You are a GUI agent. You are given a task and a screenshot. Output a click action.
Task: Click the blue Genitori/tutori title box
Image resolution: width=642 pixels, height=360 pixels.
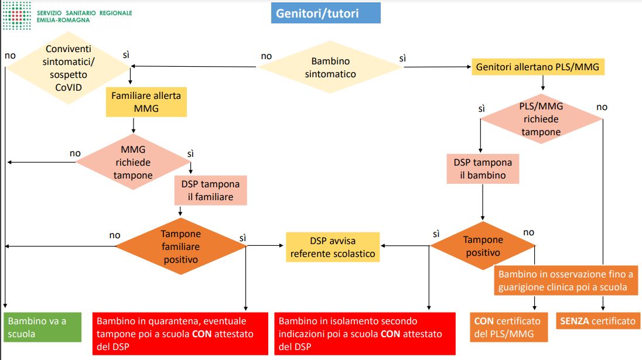326,13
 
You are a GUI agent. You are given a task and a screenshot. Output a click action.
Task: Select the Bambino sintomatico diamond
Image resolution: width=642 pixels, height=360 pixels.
330,67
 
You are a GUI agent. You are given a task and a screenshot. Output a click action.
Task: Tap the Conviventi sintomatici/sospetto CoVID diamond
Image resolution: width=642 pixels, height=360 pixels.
69,68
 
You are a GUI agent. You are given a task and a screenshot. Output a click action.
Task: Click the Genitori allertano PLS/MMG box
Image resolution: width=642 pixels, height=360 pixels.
538,67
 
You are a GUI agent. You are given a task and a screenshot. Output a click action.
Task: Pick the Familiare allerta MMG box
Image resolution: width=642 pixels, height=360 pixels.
146,102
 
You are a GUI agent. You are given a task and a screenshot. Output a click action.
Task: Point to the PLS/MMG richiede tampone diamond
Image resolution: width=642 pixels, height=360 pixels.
541,119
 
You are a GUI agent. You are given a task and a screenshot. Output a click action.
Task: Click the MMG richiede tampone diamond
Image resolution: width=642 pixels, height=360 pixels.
133,162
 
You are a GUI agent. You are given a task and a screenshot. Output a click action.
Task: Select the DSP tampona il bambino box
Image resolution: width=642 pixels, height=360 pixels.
483,169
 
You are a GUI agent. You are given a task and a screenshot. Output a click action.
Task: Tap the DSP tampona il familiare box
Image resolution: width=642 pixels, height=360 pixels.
210,190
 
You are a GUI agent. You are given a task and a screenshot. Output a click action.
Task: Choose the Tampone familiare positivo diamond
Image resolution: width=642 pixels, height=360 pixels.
180,246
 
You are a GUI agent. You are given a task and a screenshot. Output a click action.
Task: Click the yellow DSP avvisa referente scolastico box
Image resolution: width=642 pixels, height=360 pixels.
333,247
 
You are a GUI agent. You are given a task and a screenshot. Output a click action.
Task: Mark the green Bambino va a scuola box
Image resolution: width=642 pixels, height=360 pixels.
43,327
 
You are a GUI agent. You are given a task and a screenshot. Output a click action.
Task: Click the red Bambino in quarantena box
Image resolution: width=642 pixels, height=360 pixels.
180,334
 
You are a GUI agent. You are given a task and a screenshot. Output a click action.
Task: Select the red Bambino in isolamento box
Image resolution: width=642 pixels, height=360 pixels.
365,334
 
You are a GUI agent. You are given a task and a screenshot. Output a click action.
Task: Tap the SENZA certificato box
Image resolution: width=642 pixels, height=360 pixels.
597,321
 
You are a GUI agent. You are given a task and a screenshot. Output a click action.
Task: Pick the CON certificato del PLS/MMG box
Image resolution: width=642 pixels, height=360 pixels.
509,327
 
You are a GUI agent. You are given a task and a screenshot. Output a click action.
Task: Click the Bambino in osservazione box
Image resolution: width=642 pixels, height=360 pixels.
566,280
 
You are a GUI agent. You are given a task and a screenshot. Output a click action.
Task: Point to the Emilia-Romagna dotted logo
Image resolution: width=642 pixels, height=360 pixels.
17,16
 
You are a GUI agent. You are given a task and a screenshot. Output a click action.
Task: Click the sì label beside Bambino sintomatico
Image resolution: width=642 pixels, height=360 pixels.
402,59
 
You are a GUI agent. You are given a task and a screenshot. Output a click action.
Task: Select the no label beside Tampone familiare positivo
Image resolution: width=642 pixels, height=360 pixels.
115,235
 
